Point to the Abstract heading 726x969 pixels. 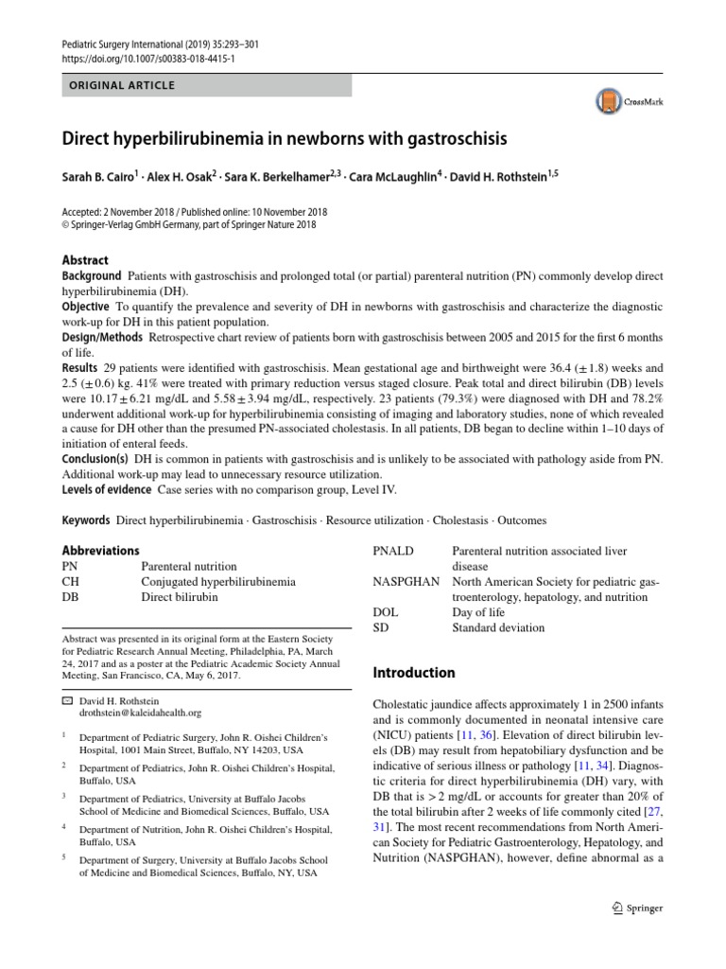(x=85, y=260)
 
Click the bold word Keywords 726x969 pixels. (x=86, y=520)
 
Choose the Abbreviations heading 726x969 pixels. (x=100, y=551)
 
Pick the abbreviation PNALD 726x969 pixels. (x=394, y=551)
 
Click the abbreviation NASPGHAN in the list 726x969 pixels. (x=406, y=581)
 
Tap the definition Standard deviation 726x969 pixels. (x=498, y=627)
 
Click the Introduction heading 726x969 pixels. (x=414, y=673)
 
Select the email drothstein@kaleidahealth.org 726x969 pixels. (x=140, y=713)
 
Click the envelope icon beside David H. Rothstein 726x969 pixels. (x=66, y=700)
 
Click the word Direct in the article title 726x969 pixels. (x=86, y=139)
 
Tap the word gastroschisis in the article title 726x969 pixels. (x=457, y=139)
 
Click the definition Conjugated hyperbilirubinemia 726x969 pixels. (x=218, y=581)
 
